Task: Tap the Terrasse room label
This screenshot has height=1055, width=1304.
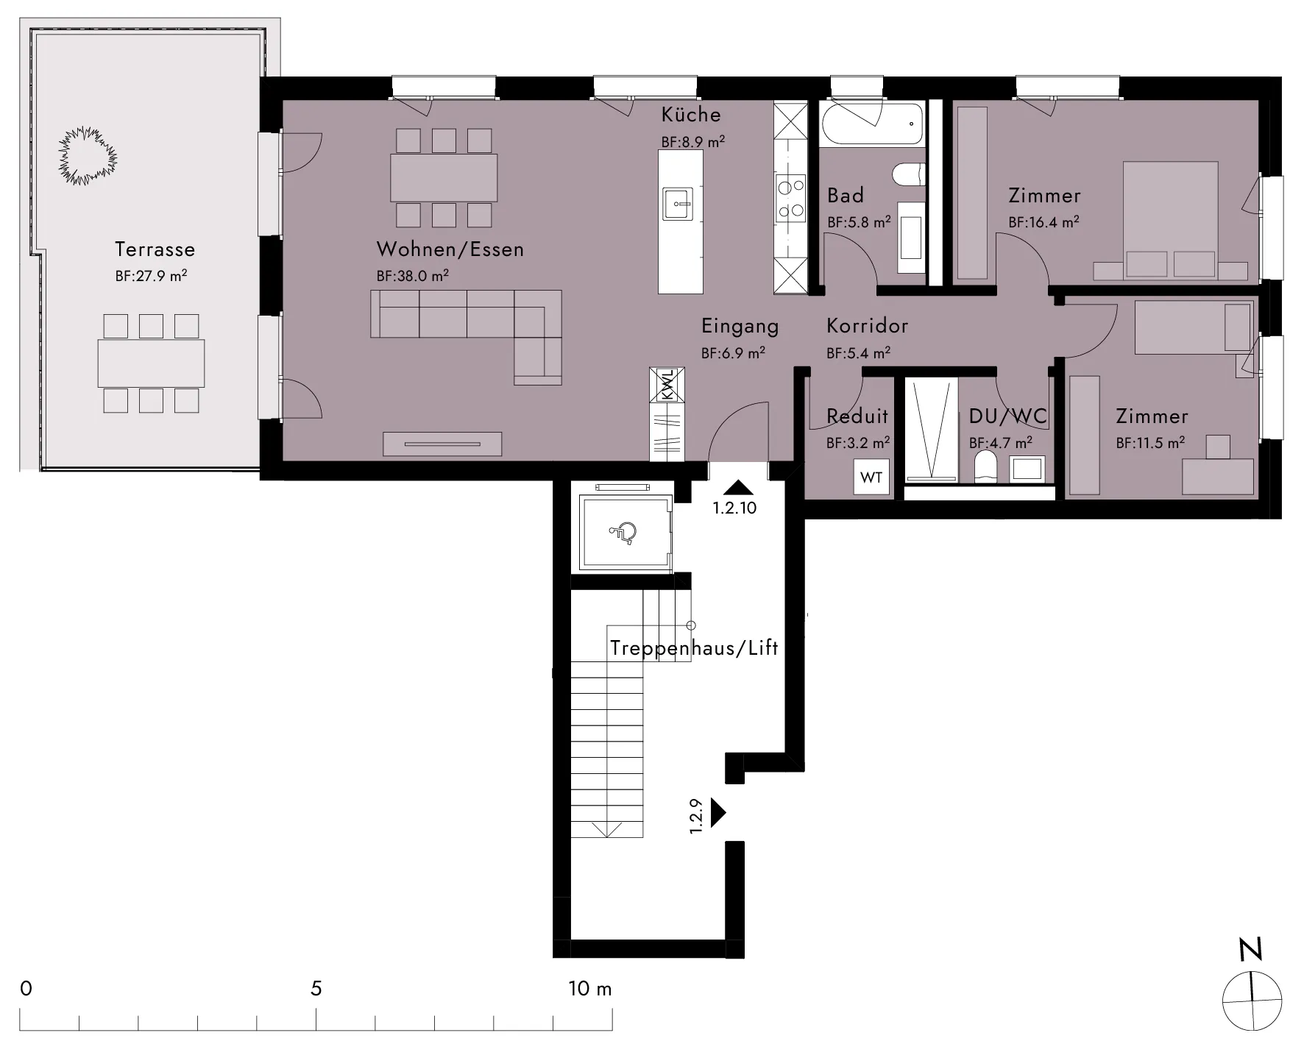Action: click(155, 249)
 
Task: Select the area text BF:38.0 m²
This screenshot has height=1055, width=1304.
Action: click(412, 276)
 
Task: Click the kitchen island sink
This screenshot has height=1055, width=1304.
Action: click(678, 204)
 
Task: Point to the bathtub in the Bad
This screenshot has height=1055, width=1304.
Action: click(871, 124)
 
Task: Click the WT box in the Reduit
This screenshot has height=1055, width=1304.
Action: click(871, 477)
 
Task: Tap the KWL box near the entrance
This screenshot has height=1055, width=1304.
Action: click(667, 385)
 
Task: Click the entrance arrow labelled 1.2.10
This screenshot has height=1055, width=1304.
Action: click(738, 486)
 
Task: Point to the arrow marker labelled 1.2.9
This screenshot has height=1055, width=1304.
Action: click(718, 813)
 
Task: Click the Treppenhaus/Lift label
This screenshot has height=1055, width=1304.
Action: click(694, 648)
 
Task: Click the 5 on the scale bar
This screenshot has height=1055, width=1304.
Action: click(316, 988)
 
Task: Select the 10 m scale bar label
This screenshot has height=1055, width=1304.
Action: click(590, 988)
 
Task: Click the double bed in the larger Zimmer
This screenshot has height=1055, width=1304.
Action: click(1170, 221)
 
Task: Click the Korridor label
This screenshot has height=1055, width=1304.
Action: click(867, 325)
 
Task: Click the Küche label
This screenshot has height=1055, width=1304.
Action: click(691, 115)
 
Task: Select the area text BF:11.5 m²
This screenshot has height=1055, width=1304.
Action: click(1150, 443)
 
